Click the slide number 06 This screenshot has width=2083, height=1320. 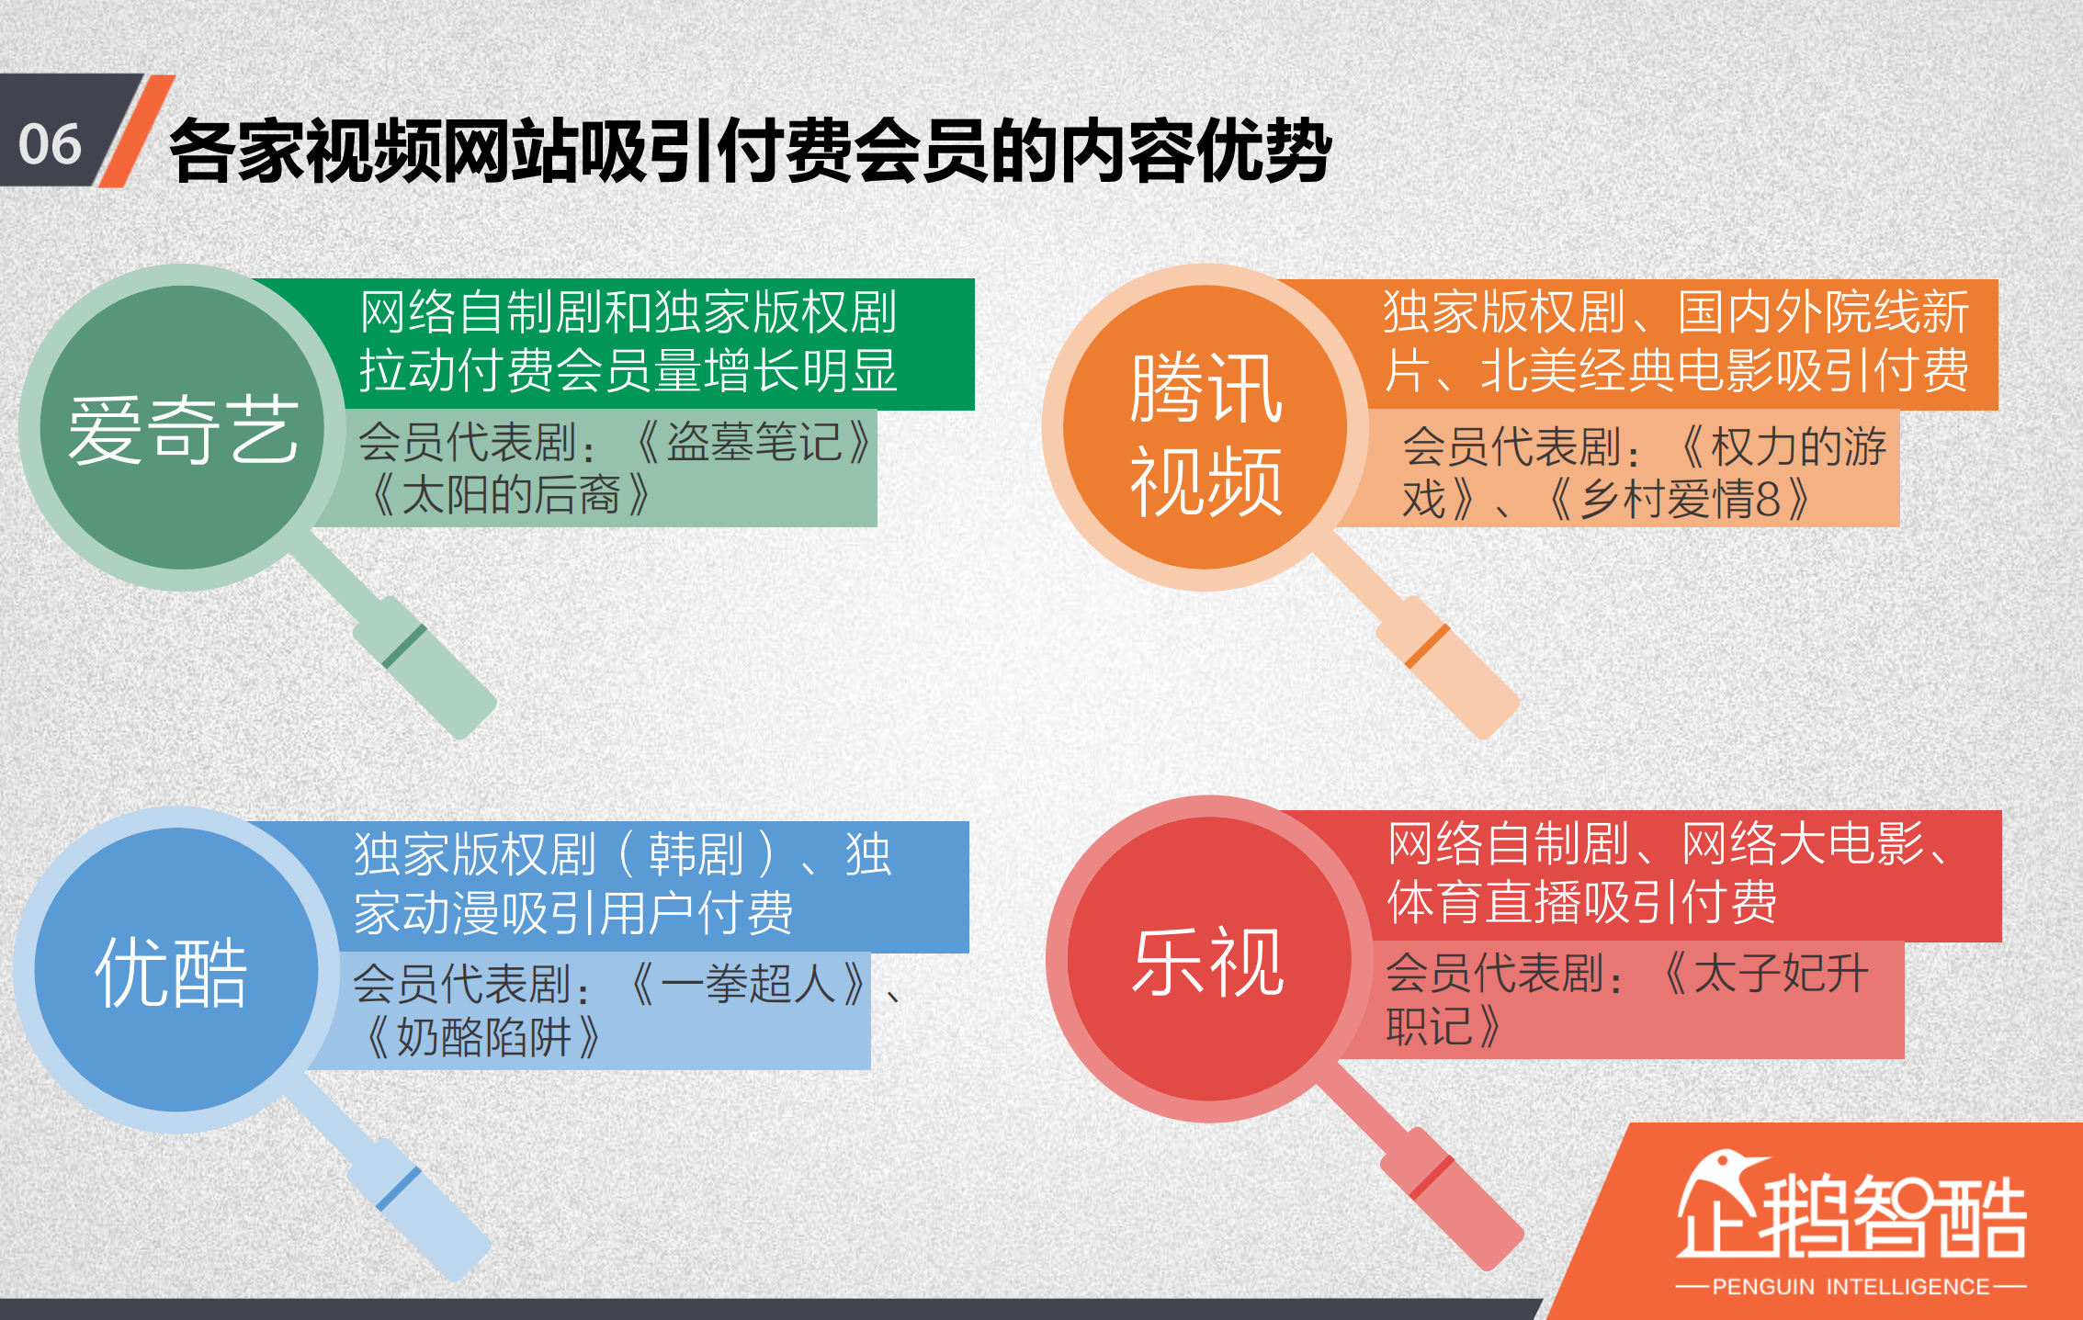point(51,144)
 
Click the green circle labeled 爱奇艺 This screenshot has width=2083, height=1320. point(182,428)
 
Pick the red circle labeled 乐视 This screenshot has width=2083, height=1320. point(1209,959)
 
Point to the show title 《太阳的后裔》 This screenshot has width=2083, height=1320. point(511,495)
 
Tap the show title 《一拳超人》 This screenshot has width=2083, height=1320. point(749,984)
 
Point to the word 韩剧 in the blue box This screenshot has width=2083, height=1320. point(696,854)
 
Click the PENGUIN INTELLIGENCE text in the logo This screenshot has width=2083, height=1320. point(1851,1286)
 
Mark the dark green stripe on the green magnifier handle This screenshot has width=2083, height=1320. point(404,646)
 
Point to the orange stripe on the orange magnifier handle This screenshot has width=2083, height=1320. point(1427,647)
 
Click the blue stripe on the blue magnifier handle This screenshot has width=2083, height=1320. point(399,1189)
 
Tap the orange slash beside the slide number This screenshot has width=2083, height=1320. point(136,130)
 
